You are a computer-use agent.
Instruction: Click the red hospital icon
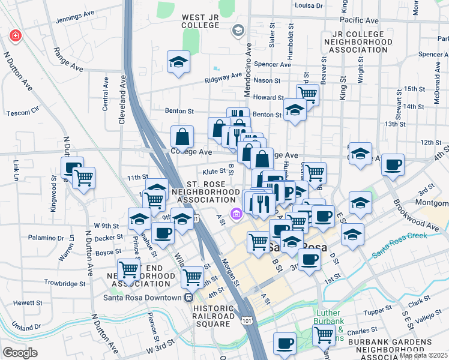[x=14, y=36]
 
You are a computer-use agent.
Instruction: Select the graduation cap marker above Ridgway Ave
[x=178, y=62]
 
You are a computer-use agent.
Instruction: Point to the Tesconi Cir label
[x=22, y=112]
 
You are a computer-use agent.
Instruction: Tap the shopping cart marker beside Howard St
[x=307, y=93]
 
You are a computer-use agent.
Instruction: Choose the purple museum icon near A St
[x=237, y=214]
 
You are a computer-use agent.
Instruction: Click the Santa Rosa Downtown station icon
[x=189, y=298]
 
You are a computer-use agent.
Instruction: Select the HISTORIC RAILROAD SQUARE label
[x=213, y=316]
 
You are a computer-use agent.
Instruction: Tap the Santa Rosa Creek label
[x=399, y=245]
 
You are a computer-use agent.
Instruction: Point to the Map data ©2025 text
[x=423, y=355]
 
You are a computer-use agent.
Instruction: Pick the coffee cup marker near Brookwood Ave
[x=393, y=165]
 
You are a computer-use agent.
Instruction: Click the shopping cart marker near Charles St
[x=324, y=334]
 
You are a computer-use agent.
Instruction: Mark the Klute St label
[x=213, y=171]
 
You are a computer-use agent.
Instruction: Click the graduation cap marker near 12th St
[x=360, y=153]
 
